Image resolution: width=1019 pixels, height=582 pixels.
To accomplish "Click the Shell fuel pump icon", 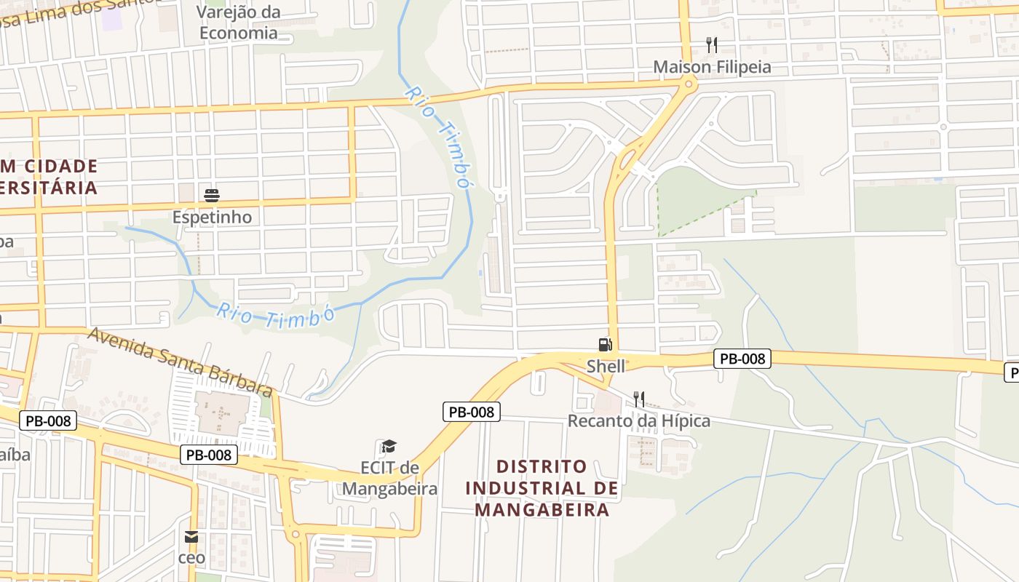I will [605, 345].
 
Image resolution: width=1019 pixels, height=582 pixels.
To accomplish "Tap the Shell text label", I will [606, 366].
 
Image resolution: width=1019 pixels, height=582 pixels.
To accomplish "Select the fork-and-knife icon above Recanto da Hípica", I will [638, 399].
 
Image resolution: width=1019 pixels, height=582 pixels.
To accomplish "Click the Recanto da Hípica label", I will [638, 420].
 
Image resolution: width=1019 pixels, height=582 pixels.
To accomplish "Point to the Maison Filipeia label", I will [711, 67].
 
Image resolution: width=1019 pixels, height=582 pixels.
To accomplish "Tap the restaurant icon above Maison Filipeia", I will [712, 45].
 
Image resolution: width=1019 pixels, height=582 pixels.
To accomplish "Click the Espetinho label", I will [212, 217].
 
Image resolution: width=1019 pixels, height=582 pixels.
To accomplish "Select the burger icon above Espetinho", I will [212, 195].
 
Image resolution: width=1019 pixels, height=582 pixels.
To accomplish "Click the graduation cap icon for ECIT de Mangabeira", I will [389, 446].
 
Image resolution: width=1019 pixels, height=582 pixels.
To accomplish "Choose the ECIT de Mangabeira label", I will [389, 477].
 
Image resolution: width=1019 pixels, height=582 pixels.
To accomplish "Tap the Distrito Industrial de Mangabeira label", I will [542, 487].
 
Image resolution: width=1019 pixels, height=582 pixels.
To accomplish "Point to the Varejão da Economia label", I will [238, 22].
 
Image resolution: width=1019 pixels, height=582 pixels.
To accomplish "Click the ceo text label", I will [191, 558].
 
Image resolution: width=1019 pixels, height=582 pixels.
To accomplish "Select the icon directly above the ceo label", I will [191, 538].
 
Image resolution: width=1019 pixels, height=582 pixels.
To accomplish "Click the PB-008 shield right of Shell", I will [742, 358].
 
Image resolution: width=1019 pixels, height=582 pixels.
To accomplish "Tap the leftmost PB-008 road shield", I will [47, 420].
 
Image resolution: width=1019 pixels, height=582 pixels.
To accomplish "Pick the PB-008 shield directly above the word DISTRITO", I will [472, 412].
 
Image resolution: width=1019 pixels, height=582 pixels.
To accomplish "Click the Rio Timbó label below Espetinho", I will [274, 316].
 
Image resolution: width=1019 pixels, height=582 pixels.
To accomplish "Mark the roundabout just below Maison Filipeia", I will [686, 86].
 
